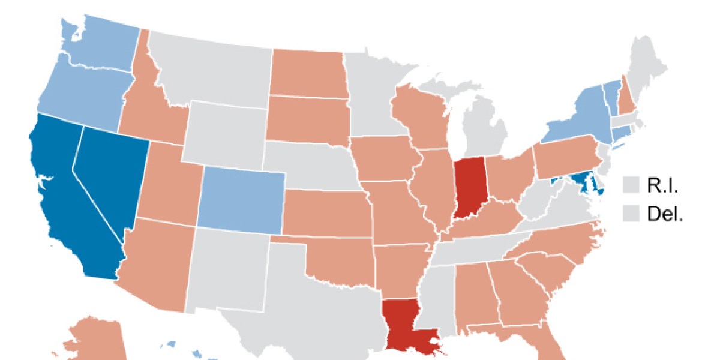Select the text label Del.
coord(665,214)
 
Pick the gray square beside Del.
coord(632,214)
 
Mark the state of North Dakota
coord(307,72)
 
